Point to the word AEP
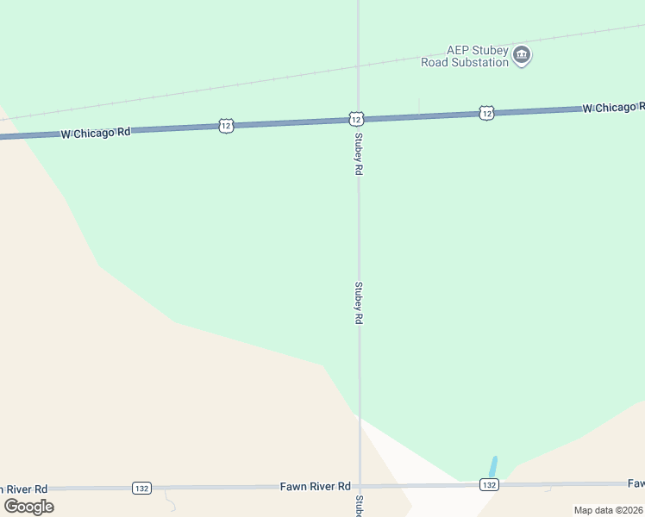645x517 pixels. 457,51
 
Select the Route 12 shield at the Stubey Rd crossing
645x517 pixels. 355,118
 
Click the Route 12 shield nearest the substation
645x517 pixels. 486,113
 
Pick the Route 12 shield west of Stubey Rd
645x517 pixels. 225,126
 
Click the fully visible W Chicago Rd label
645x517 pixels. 96,133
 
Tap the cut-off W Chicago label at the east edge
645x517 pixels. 613,108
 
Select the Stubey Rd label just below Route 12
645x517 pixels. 357,154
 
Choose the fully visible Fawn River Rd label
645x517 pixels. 315,487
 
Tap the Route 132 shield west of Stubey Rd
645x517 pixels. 142,488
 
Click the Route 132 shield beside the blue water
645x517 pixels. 489,485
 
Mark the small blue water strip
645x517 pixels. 492,466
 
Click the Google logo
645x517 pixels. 28,506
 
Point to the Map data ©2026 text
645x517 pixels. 609,510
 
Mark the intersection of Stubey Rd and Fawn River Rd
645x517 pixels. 360,487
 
